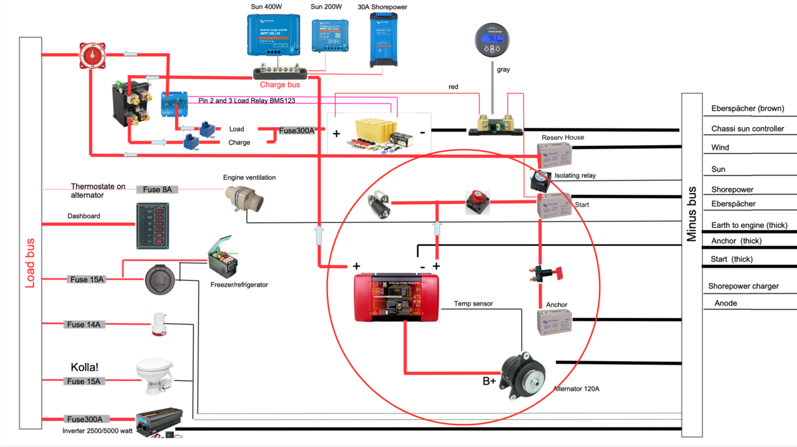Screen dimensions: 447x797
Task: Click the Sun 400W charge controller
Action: click(273, 35)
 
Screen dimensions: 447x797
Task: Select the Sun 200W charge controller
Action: click(330, 35)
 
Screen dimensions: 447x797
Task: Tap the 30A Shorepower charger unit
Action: click(383, 40)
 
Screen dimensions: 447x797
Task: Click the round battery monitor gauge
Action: click(493, 41)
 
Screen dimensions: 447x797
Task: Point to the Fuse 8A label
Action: click(157, 189)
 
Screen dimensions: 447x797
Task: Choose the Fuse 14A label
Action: click(84, 324)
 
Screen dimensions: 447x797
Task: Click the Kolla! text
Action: click(85, 367)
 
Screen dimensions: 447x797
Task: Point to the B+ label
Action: click(489, 381)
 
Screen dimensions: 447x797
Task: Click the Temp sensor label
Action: click(473, 304)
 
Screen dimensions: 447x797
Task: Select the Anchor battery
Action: click(554, 322)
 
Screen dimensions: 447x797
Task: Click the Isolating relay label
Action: click(575, 176)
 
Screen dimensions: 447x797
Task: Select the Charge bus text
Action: click(280, 85)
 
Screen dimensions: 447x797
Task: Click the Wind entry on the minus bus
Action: click(720, 148)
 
